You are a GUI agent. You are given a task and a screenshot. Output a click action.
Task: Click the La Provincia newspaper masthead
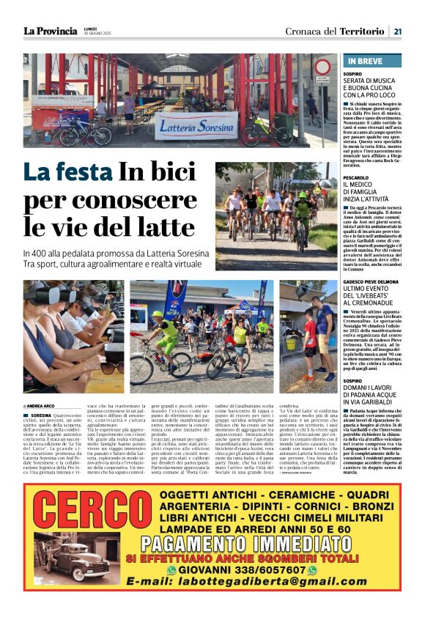click(50, 31)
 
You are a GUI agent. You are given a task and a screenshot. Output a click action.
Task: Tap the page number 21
click(397, 31)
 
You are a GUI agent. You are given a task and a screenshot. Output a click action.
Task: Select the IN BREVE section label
click(364, 62)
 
